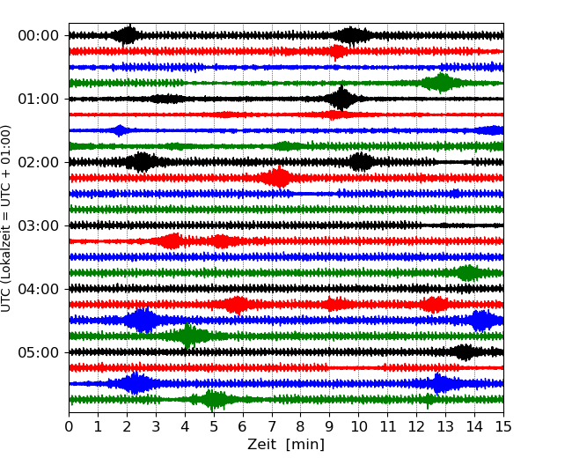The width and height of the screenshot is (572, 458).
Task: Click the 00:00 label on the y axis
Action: (x=38, y=35)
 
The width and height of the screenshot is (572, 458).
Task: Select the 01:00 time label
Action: (x=38, y=99)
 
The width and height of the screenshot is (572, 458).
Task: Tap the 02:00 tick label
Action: (x=38, y=162)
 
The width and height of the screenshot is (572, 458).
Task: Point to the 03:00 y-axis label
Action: (x=38, y=225)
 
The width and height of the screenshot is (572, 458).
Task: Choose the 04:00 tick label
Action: (x=38, y=289)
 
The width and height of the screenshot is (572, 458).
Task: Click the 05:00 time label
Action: (x=38, y=352)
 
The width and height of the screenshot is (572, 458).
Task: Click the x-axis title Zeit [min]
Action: (x=285, y=445)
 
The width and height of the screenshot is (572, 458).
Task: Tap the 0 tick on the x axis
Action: (x=70, y=427)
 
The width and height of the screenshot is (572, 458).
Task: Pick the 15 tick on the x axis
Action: (x=503, y=427)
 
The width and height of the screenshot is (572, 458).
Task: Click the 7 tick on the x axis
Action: (x=272, y=427)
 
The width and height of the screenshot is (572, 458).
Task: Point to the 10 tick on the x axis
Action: (x=359, y=427)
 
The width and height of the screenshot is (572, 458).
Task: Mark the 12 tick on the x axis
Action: (x=416, y=427)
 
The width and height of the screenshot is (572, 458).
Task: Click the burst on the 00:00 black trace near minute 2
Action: (x=128, y=35)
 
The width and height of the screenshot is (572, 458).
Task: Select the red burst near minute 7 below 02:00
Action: (x=279, y=178)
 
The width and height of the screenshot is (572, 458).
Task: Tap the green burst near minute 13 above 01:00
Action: (x=440, y=83)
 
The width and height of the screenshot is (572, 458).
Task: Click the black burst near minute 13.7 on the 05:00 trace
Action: (x=466, y=352)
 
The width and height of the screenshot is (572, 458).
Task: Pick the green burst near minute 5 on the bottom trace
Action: (x=214, y=400)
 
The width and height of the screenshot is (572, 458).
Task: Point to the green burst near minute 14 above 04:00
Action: (x=468, y=273)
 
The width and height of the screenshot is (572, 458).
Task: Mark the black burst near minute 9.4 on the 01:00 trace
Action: (x=341, y=99)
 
